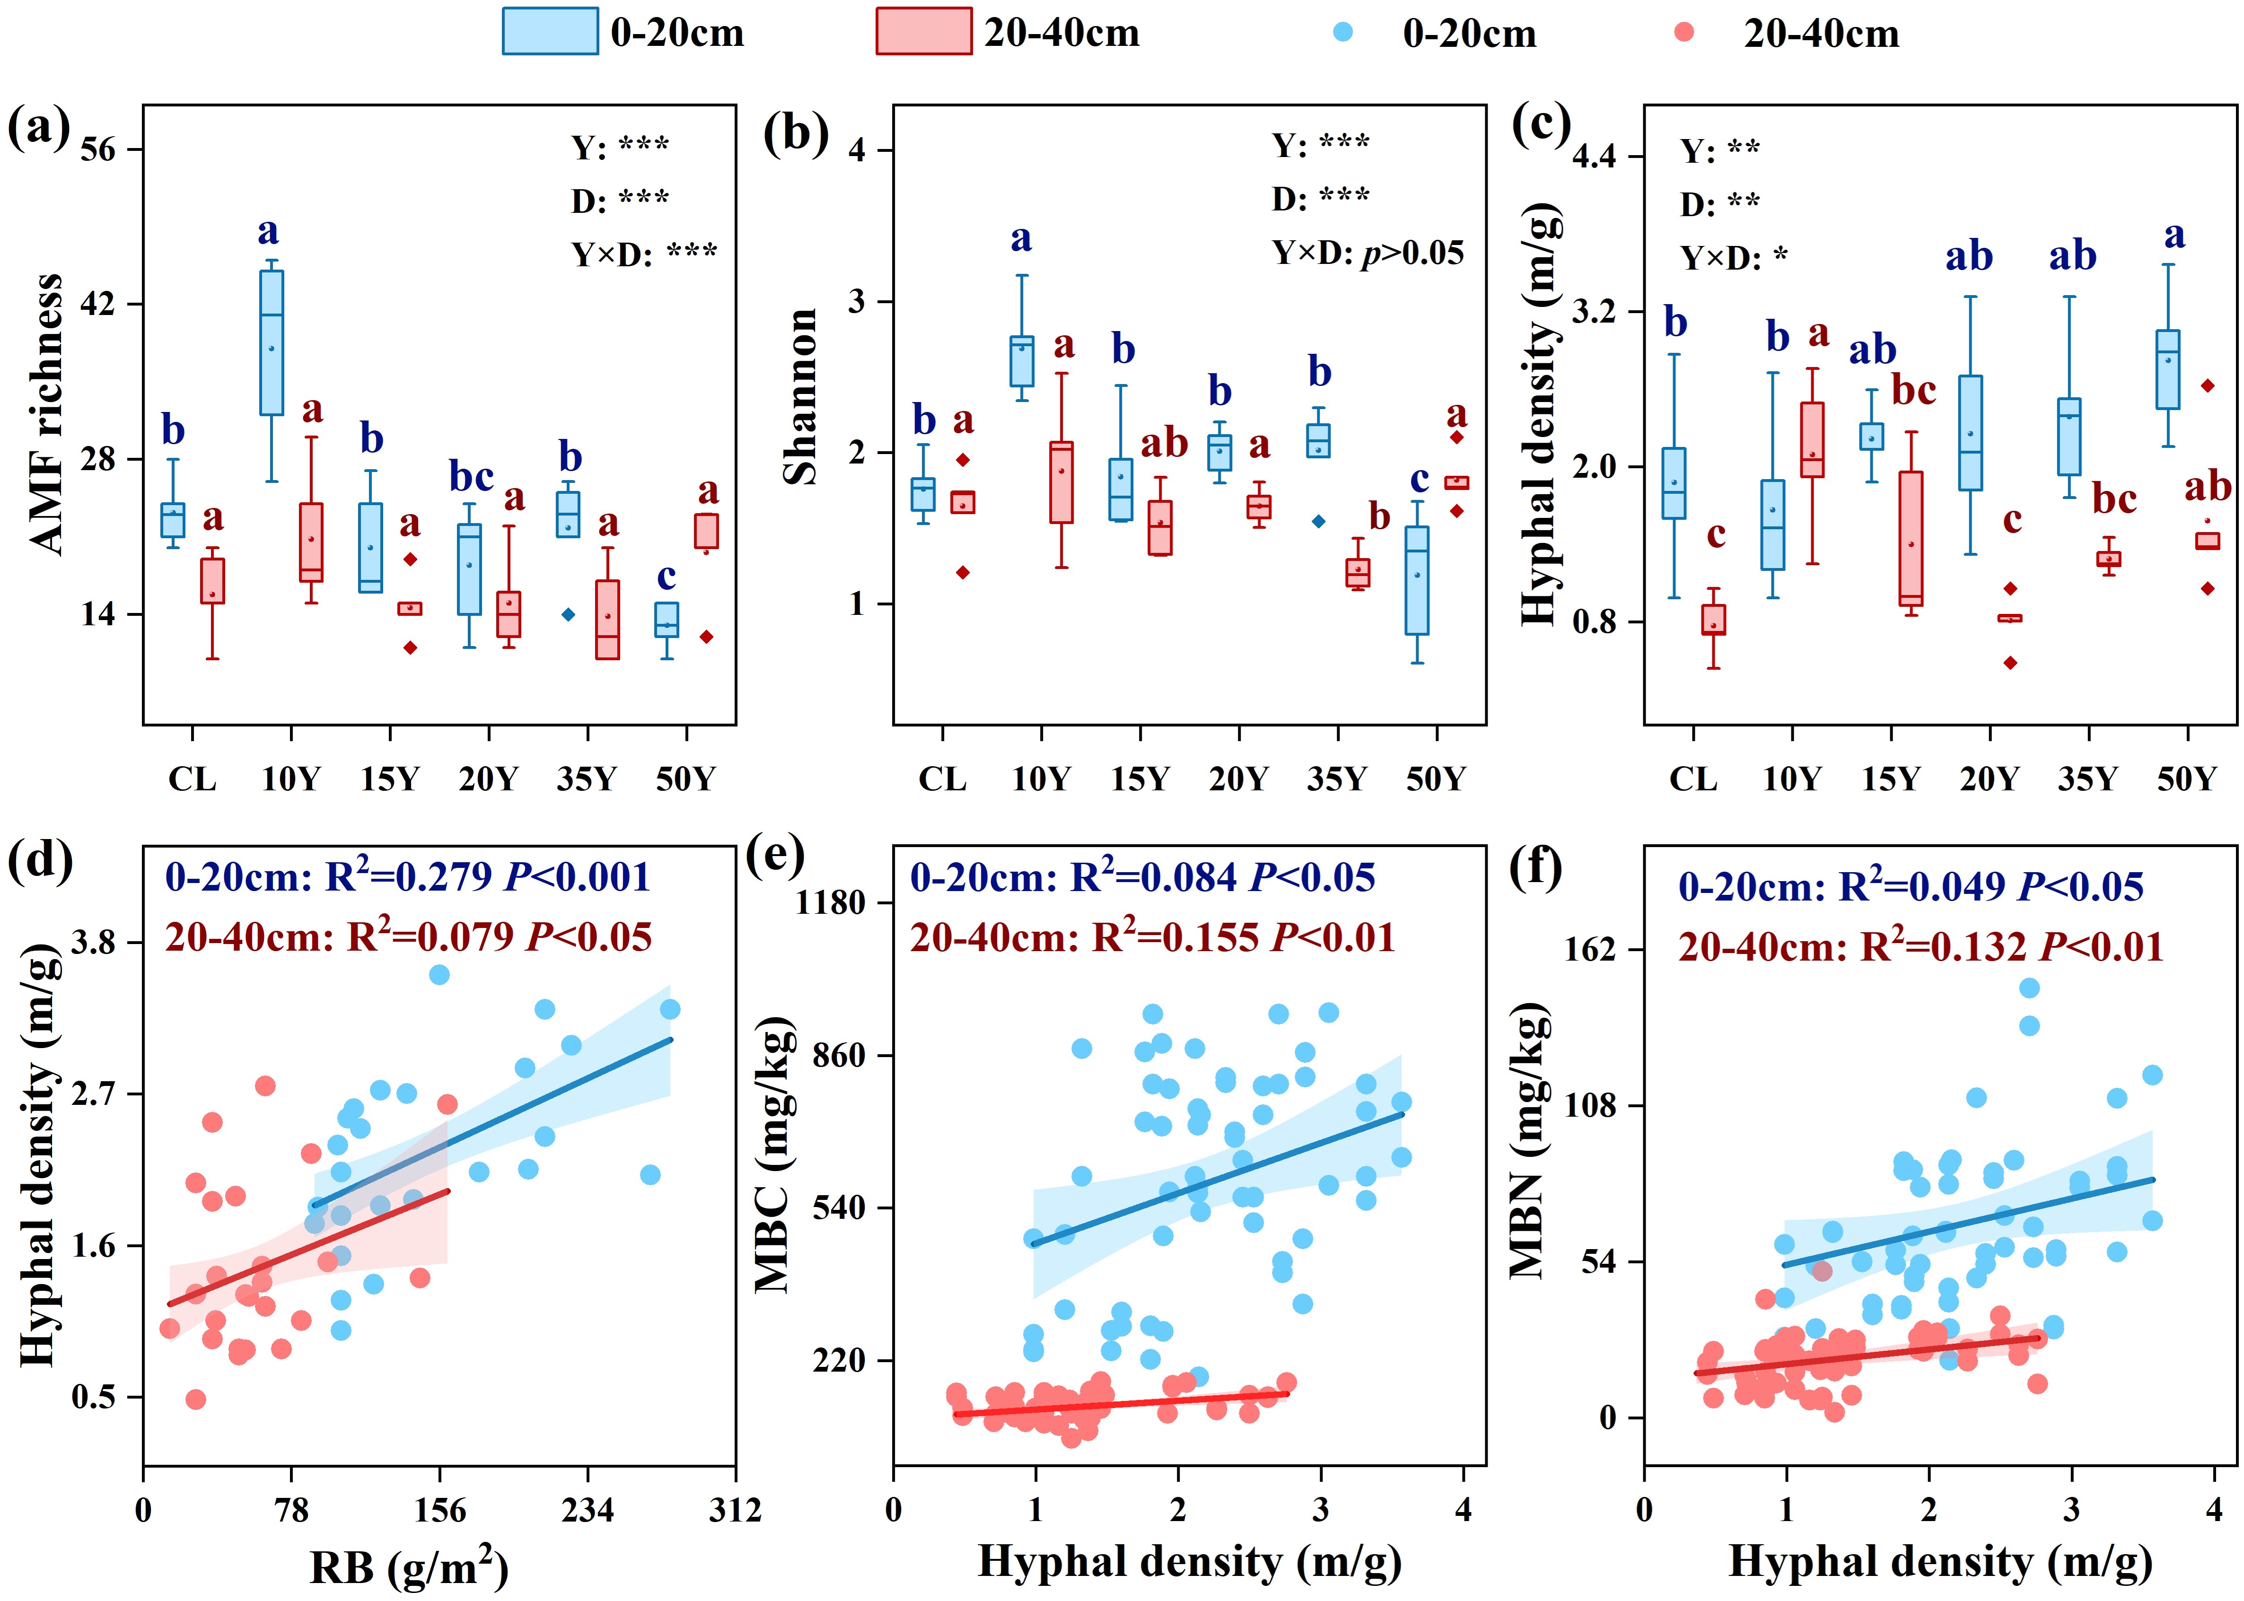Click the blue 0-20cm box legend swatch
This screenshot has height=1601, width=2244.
click(x=549, y=32)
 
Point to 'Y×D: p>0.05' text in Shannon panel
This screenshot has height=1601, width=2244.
click(x=1367, y=254)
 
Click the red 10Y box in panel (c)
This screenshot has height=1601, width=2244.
click(x=1812, y=440)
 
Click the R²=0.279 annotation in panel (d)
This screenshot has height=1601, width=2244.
click(x=407, y=876)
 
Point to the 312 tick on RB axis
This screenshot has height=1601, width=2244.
click(x=735, y=1510)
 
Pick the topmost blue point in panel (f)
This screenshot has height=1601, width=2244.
click(x=2029, y=988)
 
